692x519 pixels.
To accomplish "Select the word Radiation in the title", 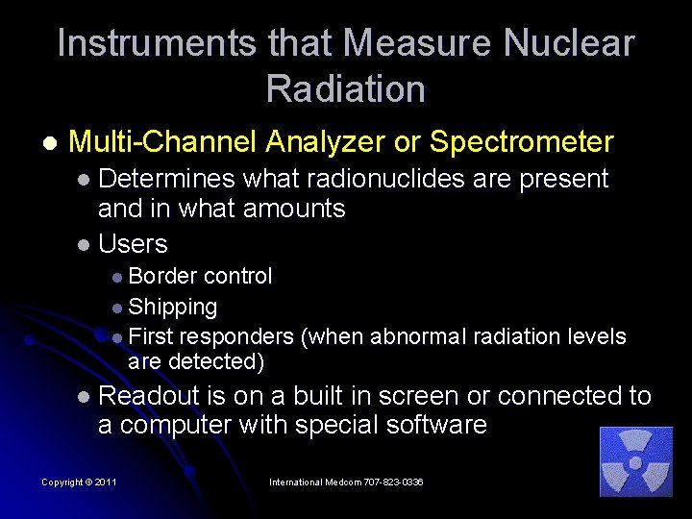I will [346, 89].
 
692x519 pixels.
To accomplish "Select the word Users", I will [133, 244].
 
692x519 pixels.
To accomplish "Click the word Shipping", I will [172, 308].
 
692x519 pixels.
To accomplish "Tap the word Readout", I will [145, 396].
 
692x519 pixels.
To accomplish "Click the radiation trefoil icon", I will [635, 462].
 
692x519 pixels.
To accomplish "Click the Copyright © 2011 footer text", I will [79, 482].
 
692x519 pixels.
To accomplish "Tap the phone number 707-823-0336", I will [387, 482].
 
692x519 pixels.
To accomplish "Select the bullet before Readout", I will [84, 397].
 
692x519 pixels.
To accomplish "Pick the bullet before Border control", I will [116, 278].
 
